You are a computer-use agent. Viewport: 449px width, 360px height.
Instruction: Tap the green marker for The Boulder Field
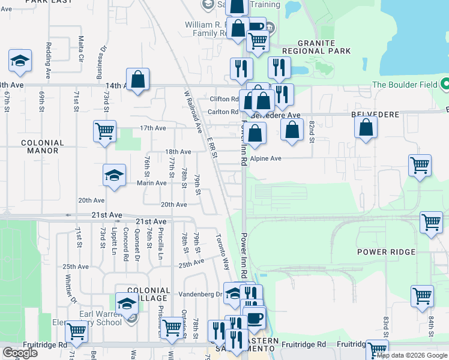tap(445, 84)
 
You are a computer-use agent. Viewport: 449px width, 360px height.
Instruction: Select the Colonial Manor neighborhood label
tap(42, 147)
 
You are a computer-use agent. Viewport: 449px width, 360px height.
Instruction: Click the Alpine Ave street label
tap(266, 159)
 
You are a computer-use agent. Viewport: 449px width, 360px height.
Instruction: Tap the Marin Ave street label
tap(151, 183)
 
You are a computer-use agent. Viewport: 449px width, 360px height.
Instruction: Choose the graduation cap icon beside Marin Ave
tap(115, 175)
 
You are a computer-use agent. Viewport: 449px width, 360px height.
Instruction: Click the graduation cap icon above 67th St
tap(20, 61)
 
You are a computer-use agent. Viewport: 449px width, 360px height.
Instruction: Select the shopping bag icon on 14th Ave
tap(137, 80)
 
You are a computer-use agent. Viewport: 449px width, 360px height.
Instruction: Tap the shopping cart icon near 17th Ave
tap(104, 130)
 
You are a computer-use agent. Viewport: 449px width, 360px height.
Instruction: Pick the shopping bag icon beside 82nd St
tap(292, 130)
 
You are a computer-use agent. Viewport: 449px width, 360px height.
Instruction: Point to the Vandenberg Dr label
tap(201, 295)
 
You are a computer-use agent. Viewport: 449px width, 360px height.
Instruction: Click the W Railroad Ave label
tap(193, 112)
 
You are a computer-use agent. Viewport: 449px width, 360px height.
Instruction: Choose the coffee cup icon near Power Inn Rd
tap(254, 317)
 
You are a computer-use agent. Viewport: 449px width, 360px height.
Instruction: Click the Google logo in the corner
tap(20, 353)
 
